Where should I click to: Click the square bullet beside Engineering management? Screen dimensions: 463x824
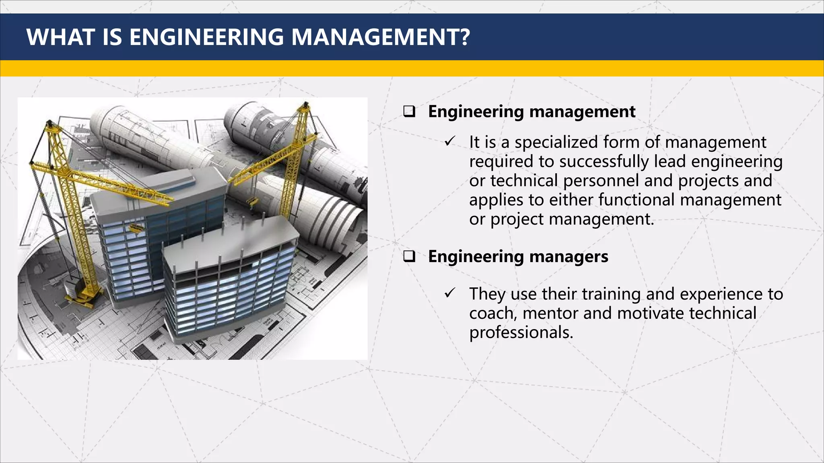pos(409,111)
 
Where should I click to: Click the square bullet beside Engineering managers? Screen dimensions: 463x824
pos(409,256)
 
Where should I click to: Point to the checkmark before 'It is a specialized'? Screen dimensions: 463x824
pos(450,141)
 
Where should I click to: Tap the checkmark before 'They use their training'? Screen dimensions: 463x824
pos(450,293)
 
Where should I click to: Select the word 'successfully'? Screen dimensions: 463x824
pos(604,162)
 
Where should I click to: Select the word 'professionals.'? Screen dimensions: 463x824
pos(521,333)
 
